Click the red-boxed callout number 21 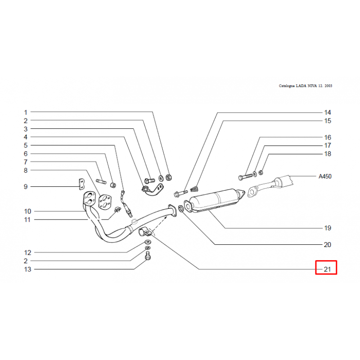pyautogui.click(x=327, y=269)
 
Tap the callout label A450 pyautogui.click(x=325, y=176)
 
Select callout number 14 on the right pyautogui.click(x=328, y=112)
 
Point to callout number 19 pyautogui.click(x=328, y=228)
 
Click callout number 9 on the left pyautogui.click(x=26, y=187)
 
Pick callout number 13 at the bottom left pyautogui.click(x=27, y=269)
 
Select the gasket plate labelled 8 pyautogui.click(x=105, y=202)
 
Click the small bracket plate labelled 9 pyautogui.click(x=81, y=184)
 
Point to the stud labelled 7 pyautogui.click(x=101, y=181)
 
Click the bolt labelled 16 pyautogui.click(x=245, y=177)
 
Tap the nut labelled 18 pyautogui.click(x=261, y=172)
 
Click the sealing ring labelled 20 pyautogui.click(x=181, y=209)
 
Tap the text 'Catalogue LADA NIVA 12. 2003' pyautogui.click(x=306, y=85)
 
